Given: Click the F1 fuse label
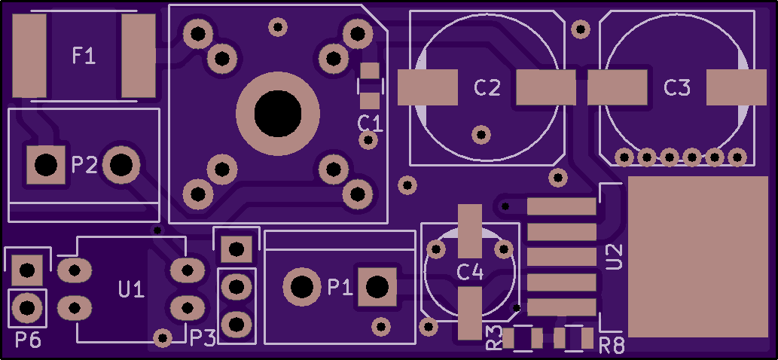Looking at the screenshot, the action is click(x=84, y=55).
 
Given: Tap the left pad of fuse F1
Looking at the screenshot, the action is click(x=29, y=56).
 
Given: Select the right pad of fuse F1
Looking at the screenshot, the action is click(x=139, y=56).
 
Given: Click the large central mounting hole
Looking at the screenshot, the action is click(x=278, y=114).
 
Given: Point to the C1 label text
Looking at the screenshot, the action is click(x=370, y=124).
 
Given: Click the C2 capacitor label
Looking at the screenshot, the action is click(x=487, y=88).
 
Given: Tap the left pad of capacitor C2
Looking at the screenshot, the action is click(x=427, y=87).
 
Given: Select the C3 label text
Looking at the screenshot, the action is click(x=677, y=88).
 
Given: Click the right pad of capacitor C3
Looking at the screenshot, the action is click(x=737, y=87).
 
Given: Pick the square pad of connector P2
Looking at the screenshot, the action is click(x=46, y=165).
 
